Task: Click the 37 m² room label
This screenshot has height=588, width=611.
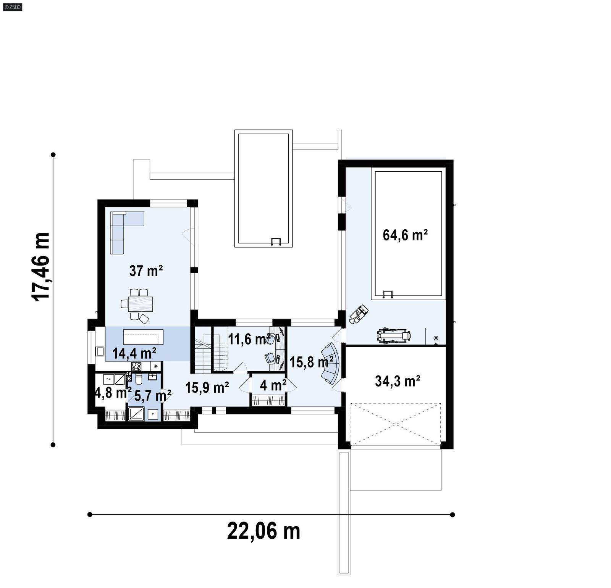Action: pyautogui.click(x=146, y=271)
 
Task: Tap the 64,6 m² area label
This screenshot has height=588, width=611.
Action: pyautogui.click(x=405, y=235)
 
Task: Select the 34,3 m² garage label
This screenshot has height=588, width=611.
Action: pyautogui.click(x=398, y=381)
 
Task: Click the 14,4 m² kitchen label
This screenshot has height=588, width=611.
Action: pyautogui.click(x=134, y=353)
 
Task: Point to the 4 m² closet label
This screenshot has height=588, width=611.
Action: pyautogui.click(x=273, y=385)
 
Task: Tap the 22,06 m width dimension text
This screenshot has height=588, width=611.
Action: pyautogui.click(x=263, y=531)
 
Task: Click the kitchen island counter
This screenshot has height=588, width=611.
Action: pyautogui.click(x=143, y=337)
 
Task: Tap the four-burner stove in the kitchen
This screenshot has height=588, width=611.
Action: pyautogui.click(x=136, y=366)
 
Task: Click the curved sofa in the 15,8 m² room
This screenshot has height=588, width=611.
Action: pyautogui.click(x=331, y=363)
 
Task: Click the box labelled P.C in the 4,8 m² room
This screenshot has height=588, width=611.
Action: pyautogui.click(x=108, y=379)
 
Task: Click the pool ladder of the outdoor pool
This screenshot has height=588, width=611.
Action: pyautogui.click(x=275, y=241)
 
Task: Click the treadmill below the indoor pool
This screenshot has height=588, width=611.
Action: pyautogui.click(x=394, y=336)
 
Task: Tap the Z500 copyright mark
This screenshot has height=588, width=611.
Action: pyautogui.click(x=12, y=6)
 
